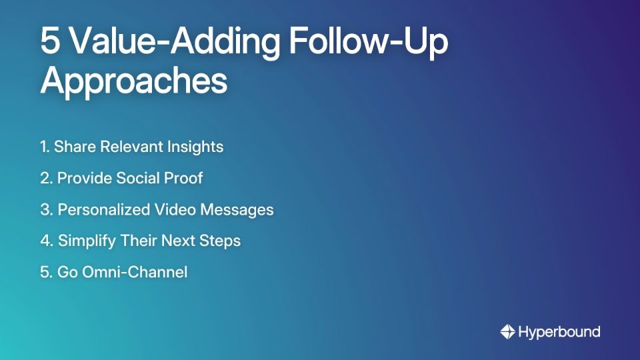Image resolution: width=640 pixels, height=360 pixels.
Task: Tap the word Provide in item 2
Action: tap(82, 178)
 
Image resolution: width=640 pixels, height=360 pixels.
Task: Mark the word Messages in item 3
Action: tap(239, 209)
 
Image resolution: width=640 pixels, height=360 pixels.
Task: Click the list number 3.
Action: tap(45, 209)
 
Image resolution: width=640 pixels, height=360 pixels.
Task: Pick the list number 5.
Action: tap(45, 272)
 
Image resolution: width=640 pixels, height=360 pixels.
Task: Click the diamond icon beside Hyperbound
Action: tap(507, 331)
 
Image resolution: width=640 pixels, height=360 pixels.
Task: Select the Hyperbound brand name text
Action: tap(559, 331)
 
